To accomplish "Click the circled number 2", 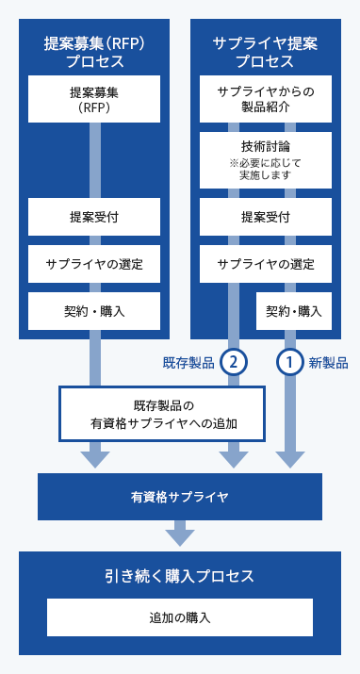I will [232, 362].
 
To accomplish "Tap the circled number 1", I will [288, 362].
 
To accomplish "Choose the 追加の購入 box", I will [179, 618].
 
